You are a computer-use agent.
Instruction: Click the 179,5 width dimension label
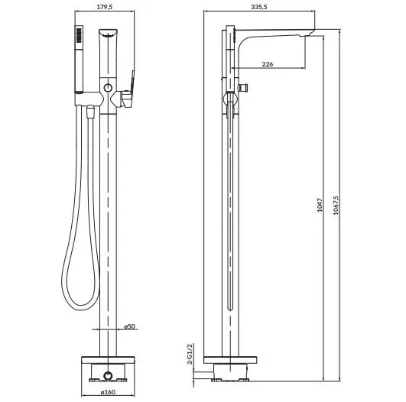105,7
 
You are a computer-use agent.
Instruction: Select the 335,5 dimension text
259,7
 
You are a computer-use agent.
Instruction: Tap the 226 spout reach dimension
268,64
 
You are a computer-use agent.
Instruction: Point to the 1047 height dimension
320,205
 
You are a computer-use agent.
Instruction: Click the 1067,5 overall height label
336,205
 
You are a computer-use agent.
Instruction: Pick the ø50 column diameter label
129,326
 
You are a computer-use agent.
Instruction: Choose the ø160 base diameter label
108,392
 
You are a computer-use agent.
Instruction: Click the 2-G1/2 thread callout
190,354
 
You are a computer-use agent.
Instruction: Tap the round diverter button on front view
108,88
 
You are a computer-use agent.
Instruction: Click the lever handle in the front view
128,91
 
